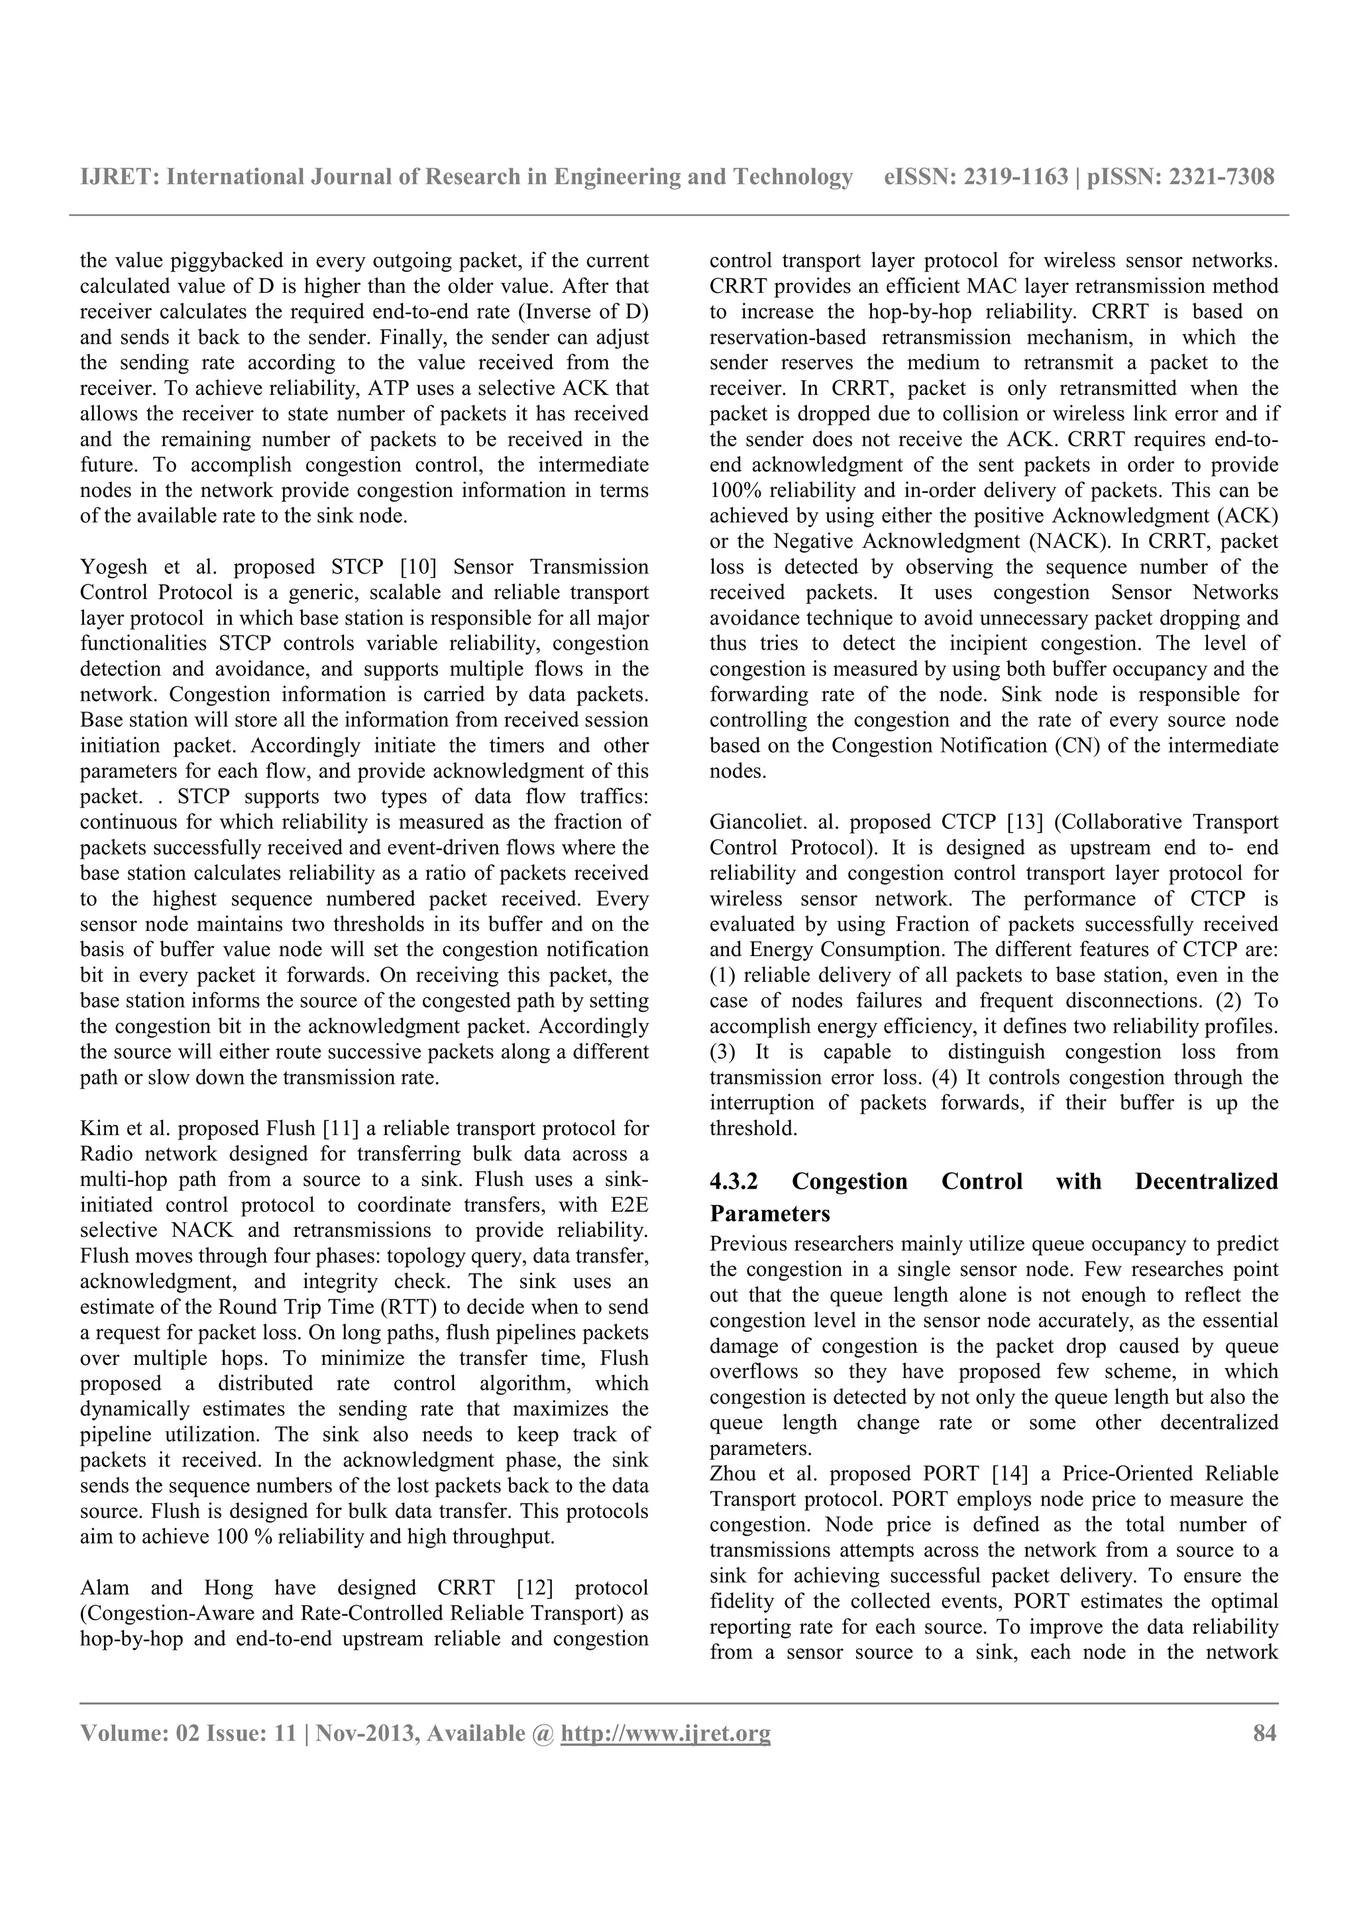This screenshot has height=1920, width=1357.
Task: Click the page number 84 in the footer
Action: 1264,1734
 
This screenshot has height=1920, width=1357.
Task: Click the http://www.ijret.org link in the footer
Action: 665,1734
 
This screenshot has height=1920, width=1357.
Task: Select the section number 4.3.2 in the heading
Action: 733,1181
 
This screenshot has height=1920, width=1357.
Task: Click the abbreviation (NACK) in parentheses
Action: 1070,541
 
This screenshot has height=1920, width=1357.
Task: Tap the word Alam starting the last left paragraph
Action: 103,1587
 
